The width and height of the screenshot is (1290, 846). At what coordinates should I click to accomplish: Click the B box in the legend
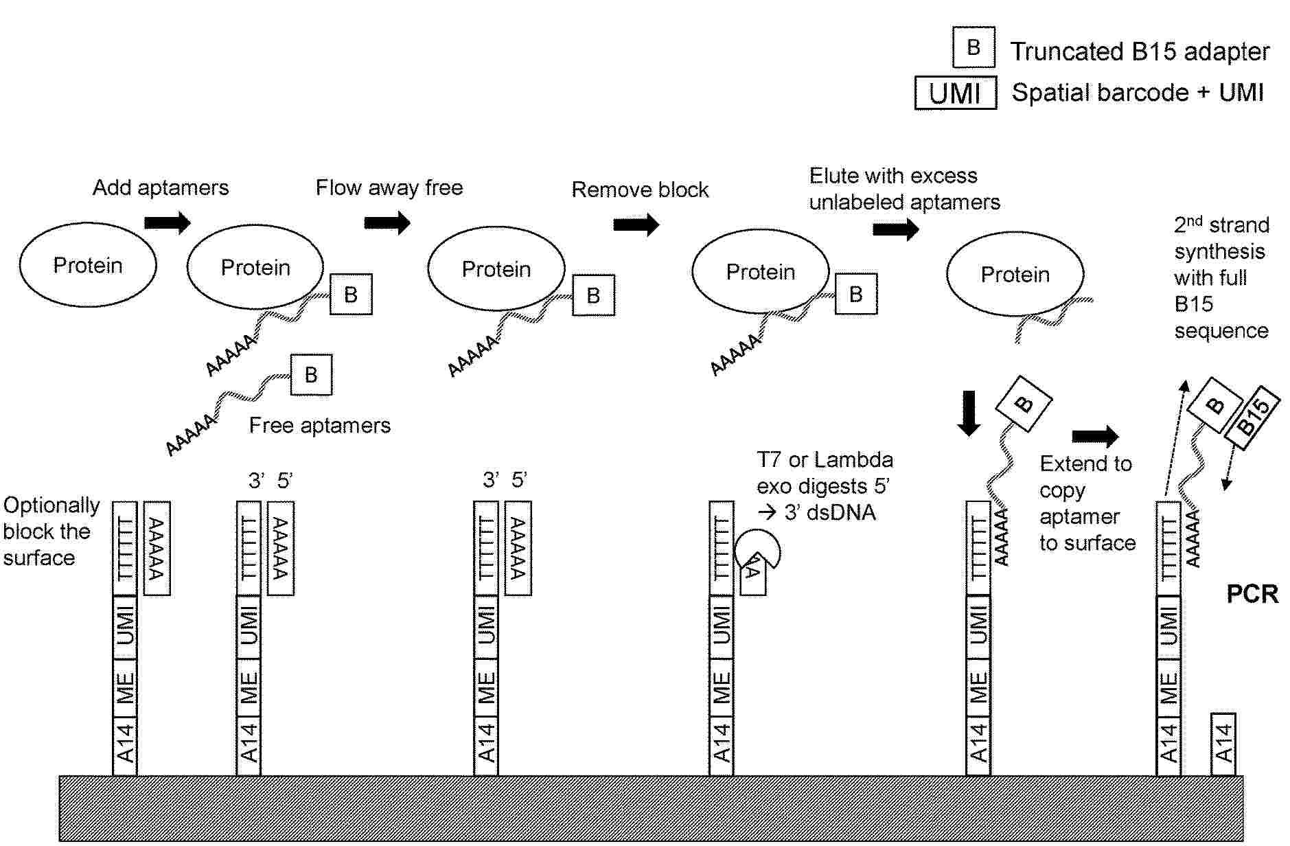973,47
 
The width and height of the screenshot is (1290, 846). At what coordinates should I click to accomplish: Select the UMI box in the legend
955,93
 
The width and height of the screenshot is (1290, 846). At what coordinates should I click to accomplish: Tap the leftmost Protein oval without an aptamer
88,265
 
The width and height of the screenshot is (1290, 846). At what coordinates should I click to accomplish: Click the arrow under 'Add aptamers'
167,222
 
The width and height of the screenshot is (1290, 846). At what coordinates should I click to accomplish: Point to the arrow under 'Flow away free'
387,222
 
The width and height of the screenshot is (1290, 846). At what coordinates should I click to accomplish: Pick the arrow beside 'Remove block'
636,224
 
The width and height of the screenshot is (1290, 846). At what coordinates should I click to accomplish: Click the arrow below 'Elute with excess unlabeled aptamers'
895,229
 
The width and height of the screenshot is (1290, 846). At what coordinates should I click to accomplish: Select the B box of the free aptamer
311,375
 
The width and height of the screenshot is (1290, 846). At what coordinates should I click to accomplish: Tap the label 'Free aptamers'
319,426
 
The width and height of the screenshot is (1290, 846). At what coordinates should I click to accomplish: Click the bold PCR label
1252,594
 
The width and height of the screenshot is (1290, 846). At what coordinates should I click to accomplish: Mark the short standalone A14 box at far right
1223,744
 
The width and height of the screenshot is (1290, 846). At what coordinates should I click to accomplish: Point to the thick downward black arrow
969,413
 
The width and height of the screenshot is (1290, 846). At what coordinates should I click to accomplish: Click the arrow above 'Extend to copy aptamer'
1095,436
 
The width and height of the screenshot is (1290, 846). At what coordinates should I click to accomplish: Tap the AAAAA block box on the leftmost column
157,548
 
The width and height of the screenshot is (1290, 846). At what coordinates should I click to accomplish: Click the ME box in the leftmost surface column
125,687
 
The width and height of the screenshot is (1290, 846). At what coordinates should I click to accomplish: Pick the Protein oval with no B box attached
1015,275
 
